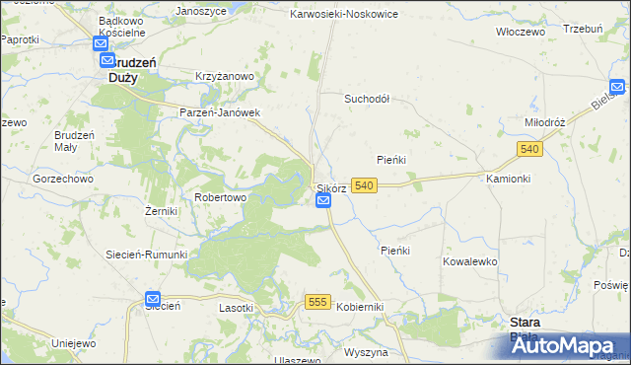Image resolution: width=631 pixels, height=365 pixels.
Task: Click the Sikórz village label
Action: point(332,187)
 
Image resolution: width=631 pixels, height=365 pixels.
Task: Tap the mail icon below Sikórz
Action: point(324,201)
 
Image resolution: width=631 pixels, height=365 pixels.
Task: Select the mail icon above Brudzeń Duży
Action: point(103,44)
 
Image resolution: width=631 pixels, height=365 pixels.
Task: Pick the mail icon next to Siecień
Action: point(153,298)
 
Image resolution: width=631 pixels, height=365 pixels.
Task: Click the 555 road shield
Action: point(316,303)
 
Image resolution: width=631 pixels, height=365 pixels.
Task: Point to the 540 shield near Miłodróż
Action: point(529,148)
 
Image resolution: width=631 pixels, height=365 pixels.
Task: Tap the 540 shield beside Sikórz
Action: point(364,185)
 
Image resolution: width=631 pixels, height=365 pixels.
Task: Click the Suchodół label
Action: point(367,99)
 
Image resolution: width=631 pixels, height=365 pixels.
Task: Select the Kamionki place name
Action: point(509,179)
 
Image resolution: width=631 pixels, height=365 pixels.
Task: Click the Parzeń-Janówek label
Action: point(219,112)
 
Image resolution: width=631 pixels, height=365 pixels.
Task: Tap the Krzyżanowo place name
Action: point(225,76)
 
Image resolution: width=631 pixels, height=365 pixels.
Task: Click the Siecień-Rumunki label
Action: point(147,254)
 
